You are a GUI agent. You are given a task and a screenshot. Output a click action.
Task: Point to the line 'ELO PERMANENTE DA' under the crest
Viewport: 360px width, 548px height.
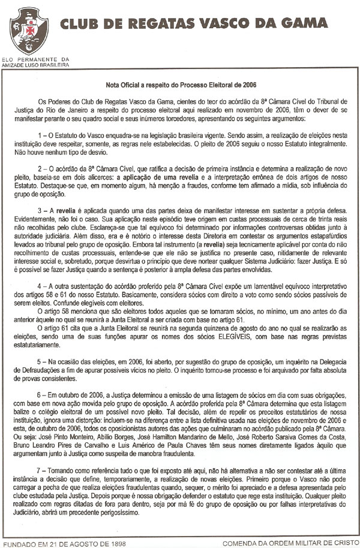[x=36, y=59]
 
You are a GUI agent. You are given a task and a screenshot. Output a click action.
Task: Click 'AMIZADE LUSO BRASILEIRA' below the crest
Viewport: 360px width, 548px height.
[x=36, y=64]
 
